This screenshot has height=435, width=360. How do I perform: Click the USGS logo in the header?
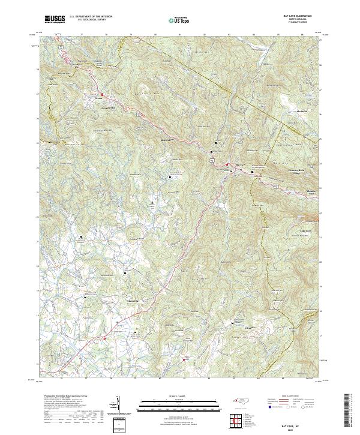(55, 20)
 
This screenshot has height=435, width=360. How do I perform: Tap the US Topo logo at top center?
(178, 20)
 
